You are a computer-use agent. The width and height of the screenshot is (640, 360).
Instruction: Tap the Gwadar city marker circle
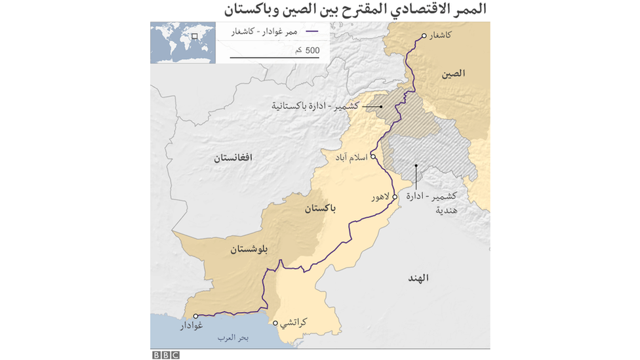tap(195, 316)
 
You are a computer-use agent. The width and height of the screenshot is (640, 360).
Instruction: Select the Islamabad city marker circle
tap(372, 157)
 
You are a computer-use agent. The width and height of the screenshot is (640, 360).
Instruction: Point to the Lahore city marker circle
tap(395, 195)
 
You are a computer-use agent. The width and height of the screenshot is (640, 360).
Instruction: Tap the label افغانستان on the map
tap(232, 157)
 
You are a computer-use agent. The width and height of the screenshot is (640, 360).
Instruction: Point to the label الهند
tap(418, 278)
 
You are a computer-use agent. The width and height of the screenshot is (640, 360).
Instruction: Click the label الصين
tap(453, 73)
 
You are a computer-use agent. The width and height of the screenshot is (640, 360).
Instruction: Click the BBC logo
tap(165, 355)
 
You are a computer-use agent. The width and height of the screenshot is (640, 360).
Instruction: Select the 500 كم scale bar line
tap(274, 58)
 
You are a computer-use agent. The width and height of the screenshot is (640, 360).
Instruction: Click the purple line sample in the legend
tap(312, 31)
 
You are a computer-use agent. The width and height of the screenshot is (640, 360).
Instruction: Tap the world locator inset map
tap(183, 42)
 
